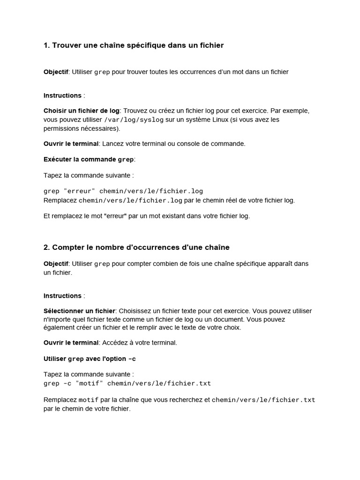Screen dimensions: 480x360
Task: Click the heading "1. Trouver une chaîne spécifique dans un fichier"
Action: coord(134,45)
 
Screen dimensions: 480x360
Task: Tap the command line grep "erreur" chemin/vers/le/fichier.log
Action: coord(123,191)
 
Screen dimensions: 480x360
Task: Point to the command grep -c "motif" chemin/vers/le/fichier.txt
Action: coord(127,383)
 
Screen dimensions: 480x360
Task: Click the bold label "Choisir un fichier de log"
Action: coord(82,111)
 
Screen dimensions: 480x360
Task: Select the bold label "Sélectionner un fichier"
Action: coord(79,311)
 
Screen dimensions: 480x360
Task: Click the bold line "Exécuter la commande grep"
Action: coord(89,159)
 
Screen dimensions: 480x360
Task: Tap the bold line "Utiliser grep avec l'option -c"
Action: coord(90,359)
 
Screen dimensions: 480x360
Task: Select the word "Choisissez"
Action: coord(135,311)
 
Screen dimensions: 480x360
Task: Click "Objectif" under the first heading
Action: coord(56,72)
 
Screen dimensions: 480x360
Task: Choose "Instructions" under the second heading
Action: coord(62,296)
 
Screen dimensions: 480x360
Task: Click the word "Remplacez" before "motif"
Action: coord(60,400)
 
